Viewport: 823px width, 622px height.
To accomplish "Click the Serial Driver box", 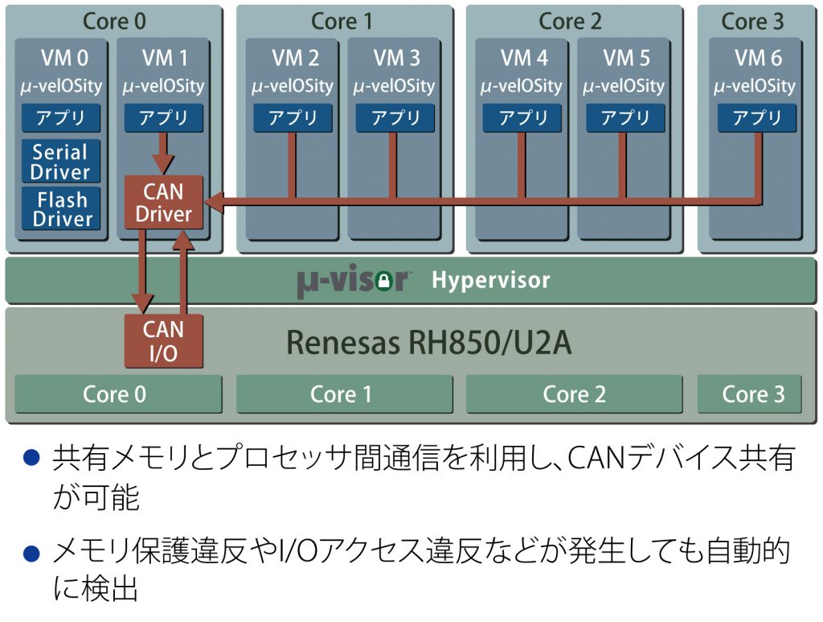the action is (61, 161).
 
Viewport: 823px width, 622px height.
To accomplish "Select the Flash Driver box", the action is (61, 208).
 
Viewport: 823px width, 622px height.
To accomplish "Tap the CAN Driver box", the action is (164, 202).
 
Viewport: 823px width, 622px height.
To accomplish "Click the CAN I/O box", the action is (164, 341).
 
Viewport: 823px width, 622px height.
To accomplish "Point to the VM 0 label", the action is (64, 58).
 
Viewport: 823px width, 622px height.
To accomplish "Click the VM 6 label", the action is (758, 58).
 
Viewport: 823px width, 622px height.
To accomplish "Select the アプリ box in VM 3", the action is (395, 117).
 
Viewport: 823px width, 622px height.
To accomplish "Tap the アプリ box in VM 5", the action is (625, 117).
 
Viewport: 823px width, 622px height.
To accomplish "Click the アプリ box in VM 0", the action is (61, 117).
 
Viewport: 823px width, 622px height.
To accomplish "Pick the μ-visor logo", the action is (354, 281).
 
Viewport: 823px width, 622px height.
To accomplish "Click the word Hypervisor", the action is (491, 280).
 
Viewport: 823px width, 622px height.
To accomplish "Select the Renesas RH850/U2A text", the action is (428, 343).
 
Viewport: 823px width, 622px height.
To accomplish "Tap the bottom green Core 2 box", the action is (574, 394).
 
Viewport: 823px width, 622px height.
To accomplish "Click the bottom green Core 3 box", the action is (750, 394).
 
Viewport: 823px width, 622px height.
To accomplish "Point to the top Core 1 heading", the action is (342, 22).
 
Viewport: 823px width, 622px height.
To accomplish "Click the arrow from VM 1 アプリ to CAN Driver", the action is (163, 153).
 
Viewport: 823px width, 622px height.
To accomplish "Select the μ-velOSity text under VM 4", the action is (521, 85).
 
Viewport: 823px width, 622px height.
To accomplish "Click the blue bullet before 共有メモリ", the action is (32, 457).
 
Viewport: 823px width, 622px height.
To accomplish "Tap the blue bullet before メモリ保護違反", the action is (32, 553).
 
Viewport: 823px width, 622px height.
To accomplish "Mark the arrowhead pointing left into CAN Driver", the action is (213, 202).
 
